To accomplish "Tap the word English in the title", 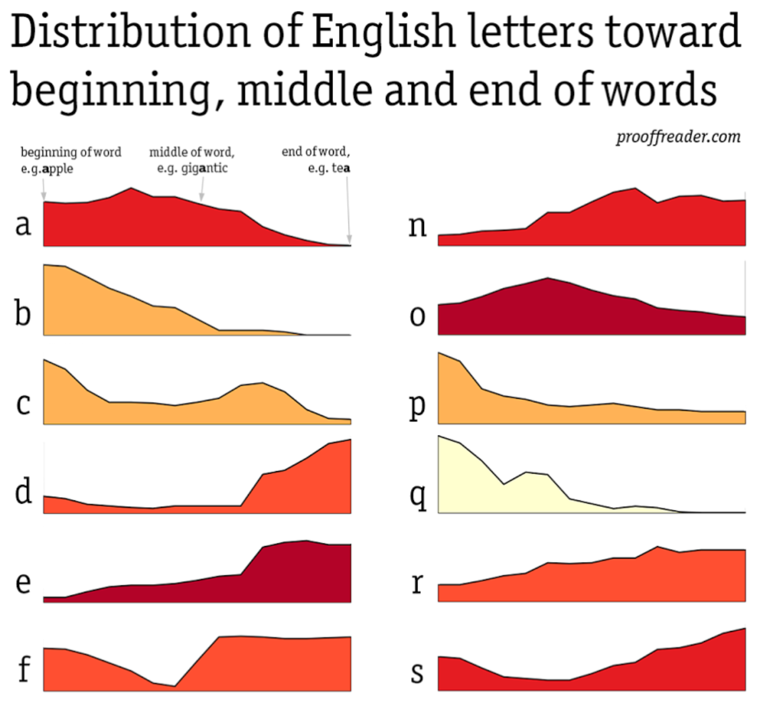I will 383,31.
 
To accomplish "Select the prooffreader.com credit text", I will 678,137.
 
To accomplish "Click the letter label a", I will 23,224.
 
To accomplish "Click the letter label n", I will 417,225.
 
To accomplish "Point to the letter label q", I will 418,495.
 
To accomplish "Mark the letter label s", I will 417,672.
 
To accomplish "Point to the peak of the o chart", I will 548,278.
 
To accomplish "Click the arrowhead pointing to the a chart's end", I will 349,239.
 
